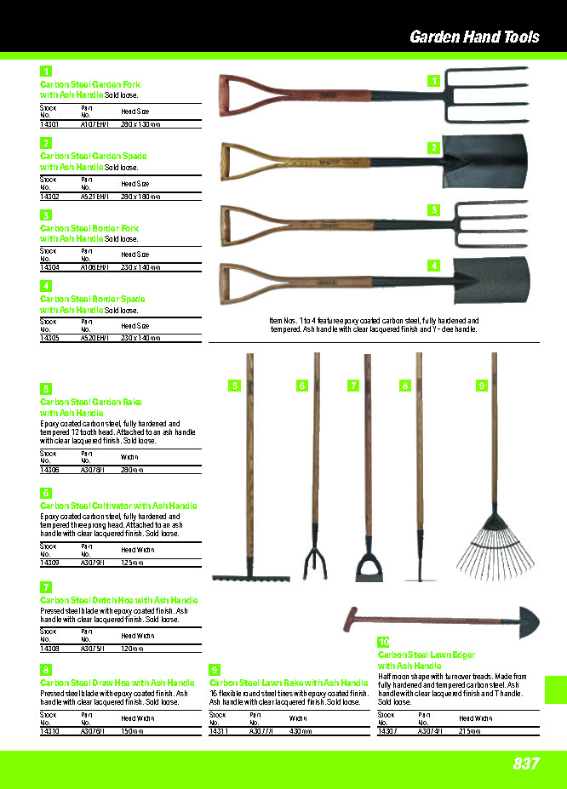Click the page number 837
[526, 763]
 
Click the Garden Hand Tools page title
[474, 37]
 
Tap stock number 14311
[219, 731]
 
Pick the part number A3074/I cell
[431, 731]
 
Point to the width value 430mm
[299, 731]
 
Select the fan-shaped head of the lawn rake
[493, 545]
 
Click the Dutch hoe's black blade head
[369, 569]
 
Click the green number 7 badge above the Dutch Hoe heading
[47, 586]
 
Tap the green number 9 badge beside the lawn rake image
[482, 386]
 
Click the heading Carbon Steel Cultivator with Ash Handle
[118, 506]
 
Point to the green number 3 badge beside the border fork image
[433, 209]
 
